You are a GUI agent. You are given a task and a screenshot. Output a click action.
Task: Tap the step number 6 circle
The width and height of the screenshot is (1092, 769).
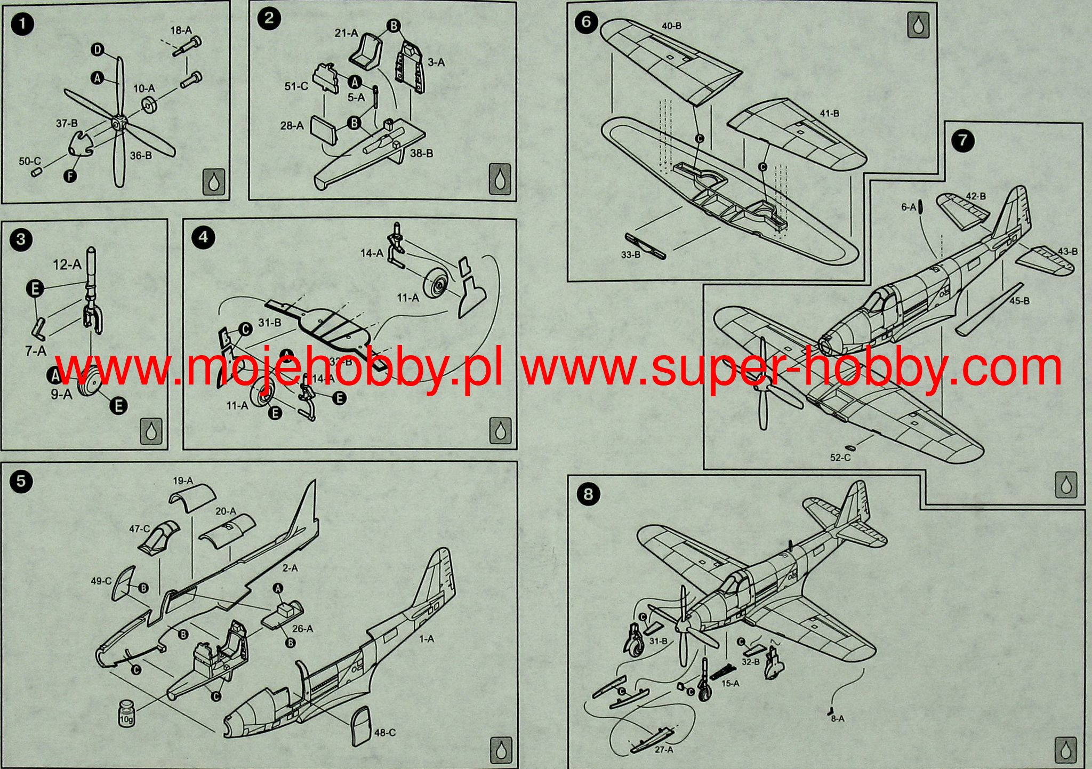pyautogui.click(x=586, y=23)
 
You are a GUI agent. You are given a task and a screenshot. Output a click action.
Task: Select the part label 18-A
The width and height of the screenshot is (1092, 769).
pyautogui.click(x=181, y=30)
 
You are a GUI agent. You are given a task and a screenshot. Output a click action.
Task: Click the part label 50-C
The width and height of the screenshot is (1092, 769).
pyautogui.click(x=30, y=161)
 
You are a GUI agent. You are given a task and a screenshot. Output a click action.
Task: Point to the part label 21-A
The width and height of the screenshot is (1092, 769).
pyautogui.click(x=346, y=33)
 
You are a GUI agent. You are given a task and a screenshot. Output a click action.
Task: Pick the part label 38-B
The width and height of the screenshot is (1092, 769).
pyautogui.click(x=421, y=153)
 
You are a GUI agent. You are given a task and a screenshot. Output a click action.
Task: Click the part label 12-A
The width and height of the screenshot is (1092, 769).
pyautogui.click(x=67, y=264)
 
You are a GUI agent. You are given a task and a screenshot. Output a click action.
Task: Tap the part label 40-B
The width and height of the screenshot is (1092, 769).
pyautogui.click(x=671, y=26)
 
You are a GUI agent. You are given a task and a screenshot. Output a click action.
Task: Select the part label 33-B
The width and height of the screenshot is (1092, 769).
pyautogui.click(x=630, y=255)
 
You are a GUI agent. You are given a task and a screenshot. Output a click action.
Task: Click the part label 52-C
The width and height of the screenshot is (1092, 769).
pyautogui.click(x=840, y=457)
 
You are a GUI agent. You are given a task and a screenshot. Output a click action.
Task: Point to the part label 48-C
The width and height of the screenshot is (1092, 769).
pyautogui.click(x=384, y=733)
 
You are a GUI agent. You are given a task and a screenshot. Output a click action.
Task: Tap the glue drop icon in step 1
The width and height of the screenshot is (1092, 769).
pyautogui.click(x=214, y=182)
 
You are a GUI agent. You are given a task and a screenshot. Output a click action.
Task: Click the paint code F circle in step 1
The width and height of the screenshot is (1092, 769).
pyautogui.click(x=70, y=175)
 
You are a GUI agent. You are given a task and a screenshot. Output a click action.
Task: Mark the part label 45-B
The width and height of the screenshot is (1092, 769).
pyautogui.click(x=1019, y=301)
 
